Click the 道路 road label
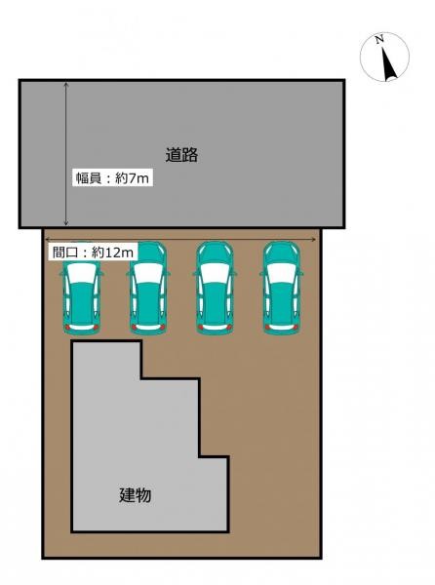click(182, 154)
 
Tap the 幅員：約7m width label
click(112, 179)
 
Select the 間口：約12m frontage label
click(92, 252)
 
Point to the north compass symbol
click(384, 58)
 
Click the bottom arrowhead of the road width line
click(66, 224)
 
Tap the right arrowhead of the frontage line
click(314, 239)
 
